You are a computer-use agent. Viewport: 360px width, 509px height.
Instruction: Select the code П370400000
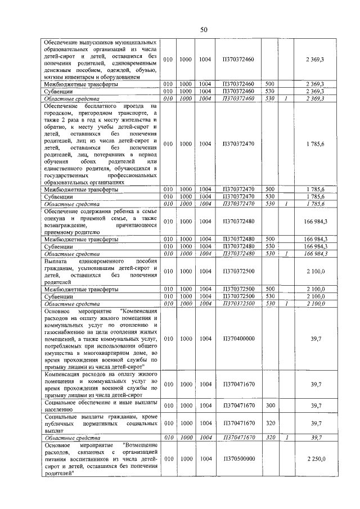click(238, 339)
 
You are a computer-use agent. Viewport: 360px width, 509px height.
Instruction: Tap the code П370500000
click(238, 458)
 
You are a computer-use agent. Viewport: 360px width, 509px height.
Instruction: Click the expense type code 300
click(269, 406)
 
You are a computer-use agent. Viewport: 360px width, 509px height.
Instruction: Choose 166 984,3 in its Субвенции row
click(316, 246)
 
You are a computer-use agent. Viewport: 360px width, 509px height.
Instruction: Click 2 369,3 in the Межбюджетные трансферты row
click(316, 84)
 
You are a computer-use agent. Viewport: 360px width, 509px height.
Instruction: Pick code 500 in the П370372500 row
click(269, 289)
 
